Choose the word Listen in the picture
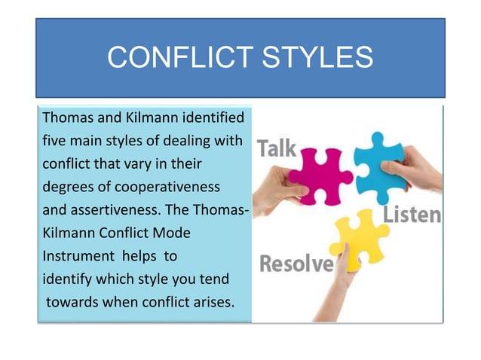412,215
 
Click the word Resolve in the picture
296,264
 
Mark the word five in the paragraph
55,141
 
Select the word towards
70,303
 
